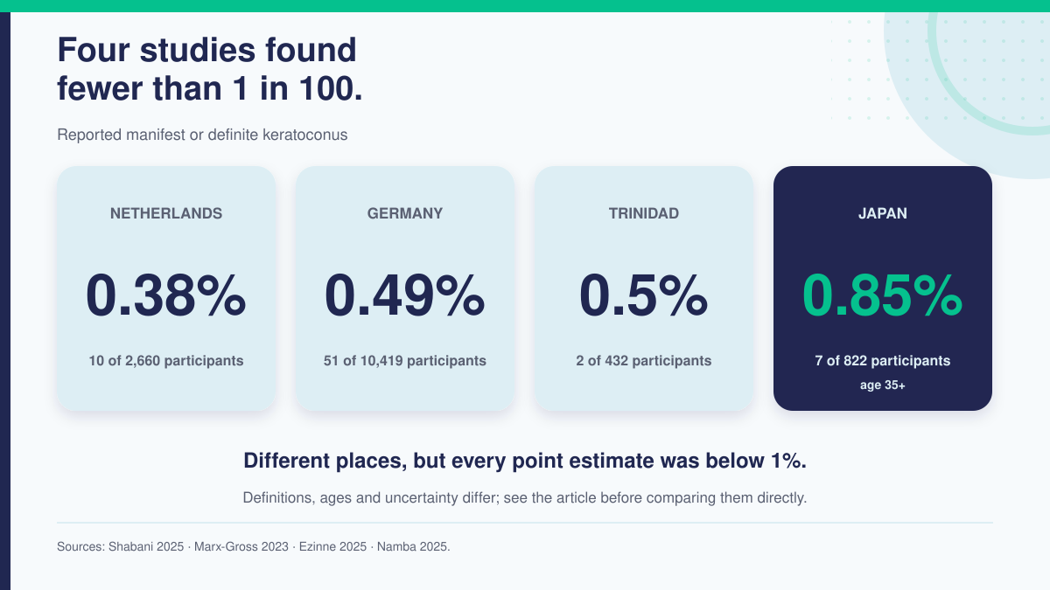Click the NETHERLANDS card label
coord(166,213)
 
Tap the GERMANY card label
coord(405,213)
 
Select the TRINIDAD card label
coord(644,213)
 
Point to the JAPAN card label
coord(883,213)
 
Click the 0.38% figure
coord(166,296)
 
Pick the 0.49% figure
coord(405,296)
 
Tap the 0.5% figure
coord(644,296)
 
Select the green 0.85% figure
coord(883,296)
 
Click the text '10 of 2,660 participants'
coord(166,360)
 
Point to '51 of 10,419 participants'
coord(405,360)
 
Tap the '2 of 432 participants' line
coord(644,360)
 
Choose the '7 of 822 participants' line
coord(883,360)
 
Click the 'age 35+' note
coord(883,385)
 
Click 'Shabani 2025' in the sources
coord(146,546)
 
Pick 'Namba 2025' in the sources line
coord(412,546)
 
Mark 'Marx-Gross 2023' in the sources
coord(241,546)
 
